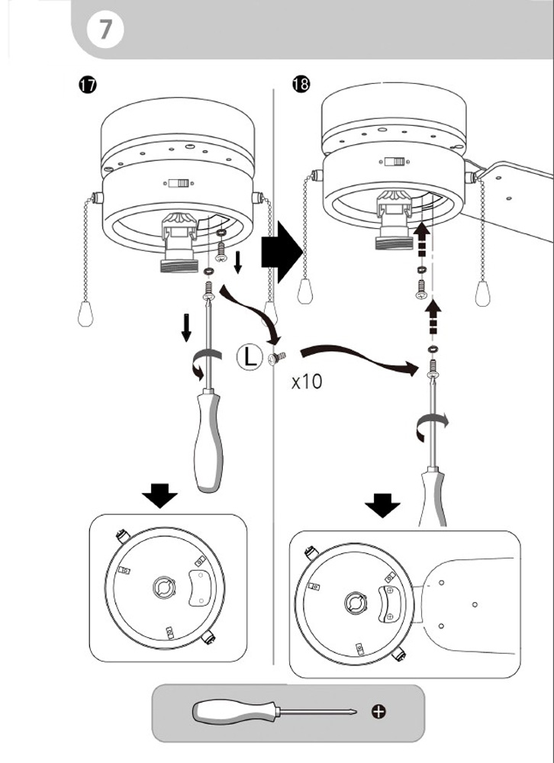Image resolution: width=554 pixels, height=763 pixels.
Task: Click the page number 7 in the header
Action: pos(105,30)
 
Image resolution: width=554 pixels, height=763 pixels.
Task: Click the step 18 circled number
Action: pos(301,85)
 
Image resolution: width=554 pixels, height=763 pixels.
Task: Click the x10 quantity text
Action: pos(307,381)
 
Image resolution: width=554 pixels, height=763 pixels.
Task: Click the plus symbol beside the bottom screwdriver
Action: pos(378,712)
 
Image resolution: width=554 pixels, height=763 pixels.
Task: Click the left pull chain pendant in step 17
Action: pos(85,311)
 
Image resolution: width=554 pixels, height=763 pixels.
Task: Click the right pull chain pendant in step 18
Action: pos(482,292)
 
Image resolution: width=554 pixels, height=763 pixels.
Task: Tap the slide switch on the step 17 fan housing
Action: pos(179,184)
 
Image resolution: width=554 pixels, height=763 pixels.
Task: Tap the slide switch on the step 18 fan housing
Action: pos(395,161)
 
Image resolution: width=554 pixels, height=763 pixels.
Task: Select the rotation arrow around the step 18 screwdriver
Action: pos(432,425)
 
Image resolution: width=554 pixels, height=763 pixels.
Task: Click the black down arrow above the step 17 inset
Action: pos(160,498)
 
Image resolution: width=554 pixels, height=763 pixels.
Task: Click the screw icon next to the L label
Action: pos(276,357)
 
